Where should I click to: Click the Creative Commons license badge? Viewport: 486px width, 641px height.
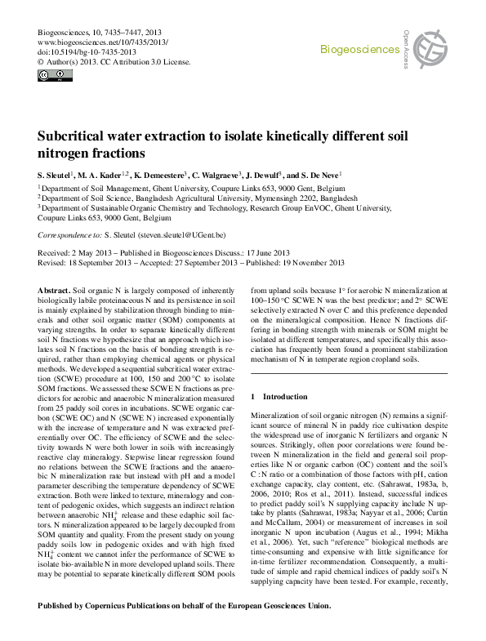(x=56, y=76)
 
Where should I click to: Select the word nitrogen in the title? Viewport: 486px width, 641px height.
(x=66, y=154)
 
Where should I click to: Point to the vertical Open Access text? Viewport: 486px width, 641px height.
(x=406, y=46)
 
